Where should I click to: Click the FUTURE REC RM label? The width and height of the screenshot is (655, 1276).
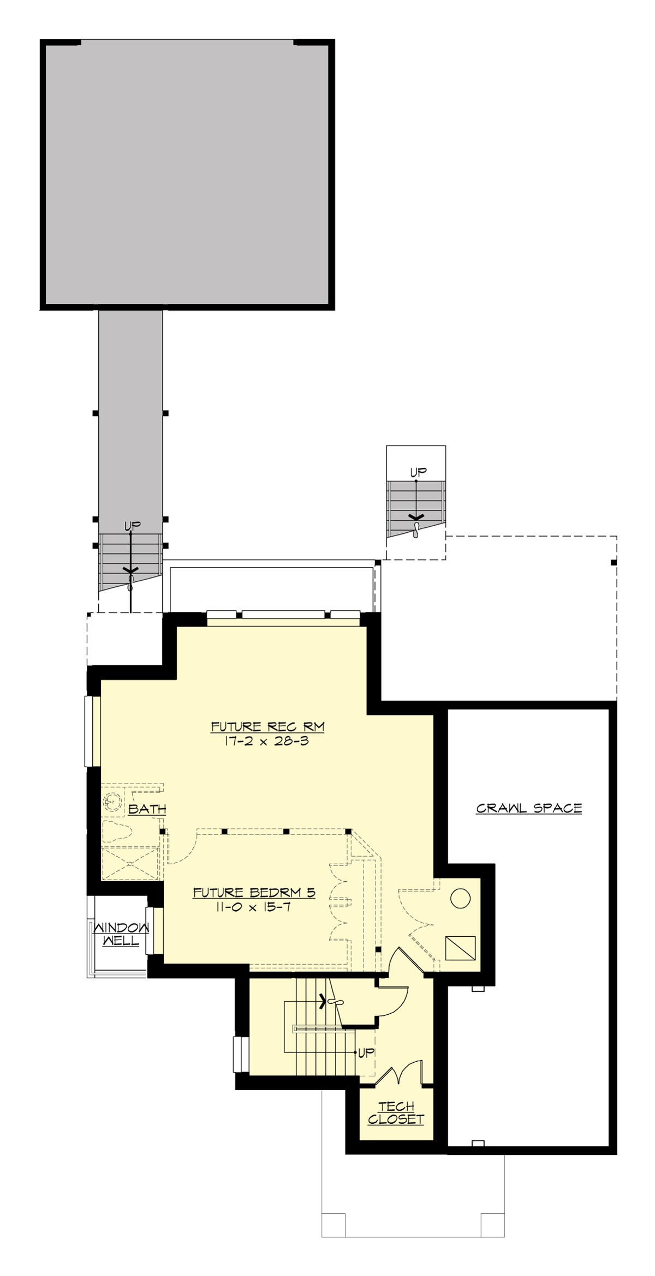[267, 727]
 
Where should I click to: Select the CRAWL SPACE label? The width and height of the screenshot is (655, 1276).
[528, 808]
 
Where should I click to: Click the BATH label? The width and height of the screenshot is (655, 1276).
[147, 809]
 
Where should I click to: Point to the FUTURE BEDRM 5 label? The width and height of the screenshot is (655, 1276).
[254, 893]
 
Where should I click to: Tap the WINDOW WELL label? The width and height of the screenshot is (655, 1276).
[121, 934]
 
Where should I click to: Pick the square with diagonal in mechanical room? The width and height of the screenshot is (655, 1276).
[460, 948]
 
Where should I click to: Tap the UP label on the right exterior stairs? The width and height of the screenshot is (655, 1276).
[418, 472]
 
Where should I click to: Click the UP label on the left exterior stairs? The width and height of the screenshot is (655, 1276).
[132, 526]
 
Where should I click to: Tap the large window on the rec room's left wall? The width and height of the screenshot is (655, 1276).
[90, 731]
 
